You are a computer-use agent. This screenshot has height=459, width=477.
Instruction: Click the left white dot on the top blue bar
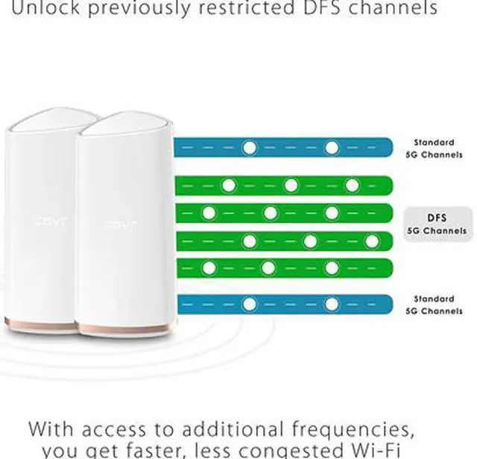pyautogui.click(x=250, y=148)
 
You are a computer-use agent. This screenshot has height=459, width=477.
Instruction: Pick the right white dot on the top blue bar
pyautogui.click(x=332, y=148)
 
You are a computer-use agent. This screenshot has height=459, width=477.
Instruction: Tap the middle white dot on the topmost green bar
pyautogui.click(x=291, y=185)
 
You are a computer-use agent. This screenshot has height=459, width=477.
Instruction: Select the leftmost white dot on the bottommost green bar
pyautogui.click(x=209, y=267)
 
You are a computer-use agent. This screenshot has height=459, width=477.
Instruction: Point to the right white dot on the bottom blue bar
pyautogui.click(x=332, y=305)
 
